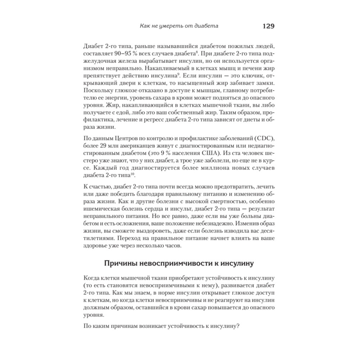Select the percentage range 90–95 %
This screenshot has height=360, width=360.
(x=126, y=53)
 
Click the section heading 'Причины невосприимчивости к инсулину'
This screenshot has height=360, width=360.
(x=179, y=264)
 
